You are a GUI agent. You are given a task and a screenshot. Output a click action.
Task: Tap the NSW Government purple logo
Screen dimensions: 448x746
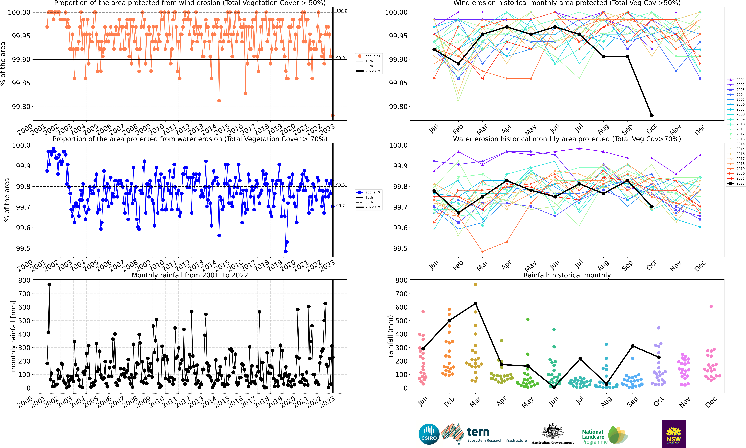coord(674,434)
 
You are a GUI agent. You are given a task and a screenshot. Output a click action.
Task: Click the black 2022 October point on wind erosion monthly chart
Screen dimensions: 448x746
coord(652,115)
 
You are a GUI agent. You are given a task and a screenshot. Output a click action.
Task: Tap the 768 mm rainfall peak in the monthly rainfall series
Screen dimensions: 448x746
coord(49,284)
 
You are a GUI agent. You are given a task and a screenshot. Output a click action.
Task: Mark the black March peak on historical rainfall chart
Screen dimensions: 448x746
coord(475,303)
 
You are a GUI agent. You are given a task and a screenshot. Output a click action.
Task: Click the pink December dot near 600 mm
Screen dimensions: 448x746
coord(711,306)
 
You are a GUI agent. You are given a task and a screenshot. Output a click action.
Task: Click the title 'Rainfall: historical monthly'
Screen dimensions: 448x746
coord(567,275)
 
